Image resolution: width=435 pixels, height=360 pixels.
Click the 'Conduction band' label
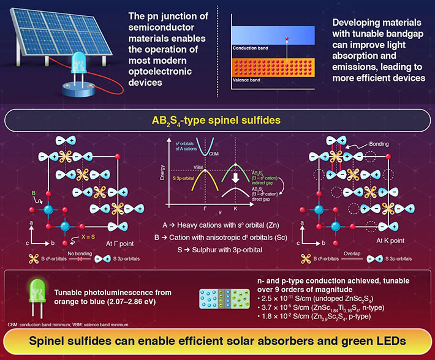(250, 47)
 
